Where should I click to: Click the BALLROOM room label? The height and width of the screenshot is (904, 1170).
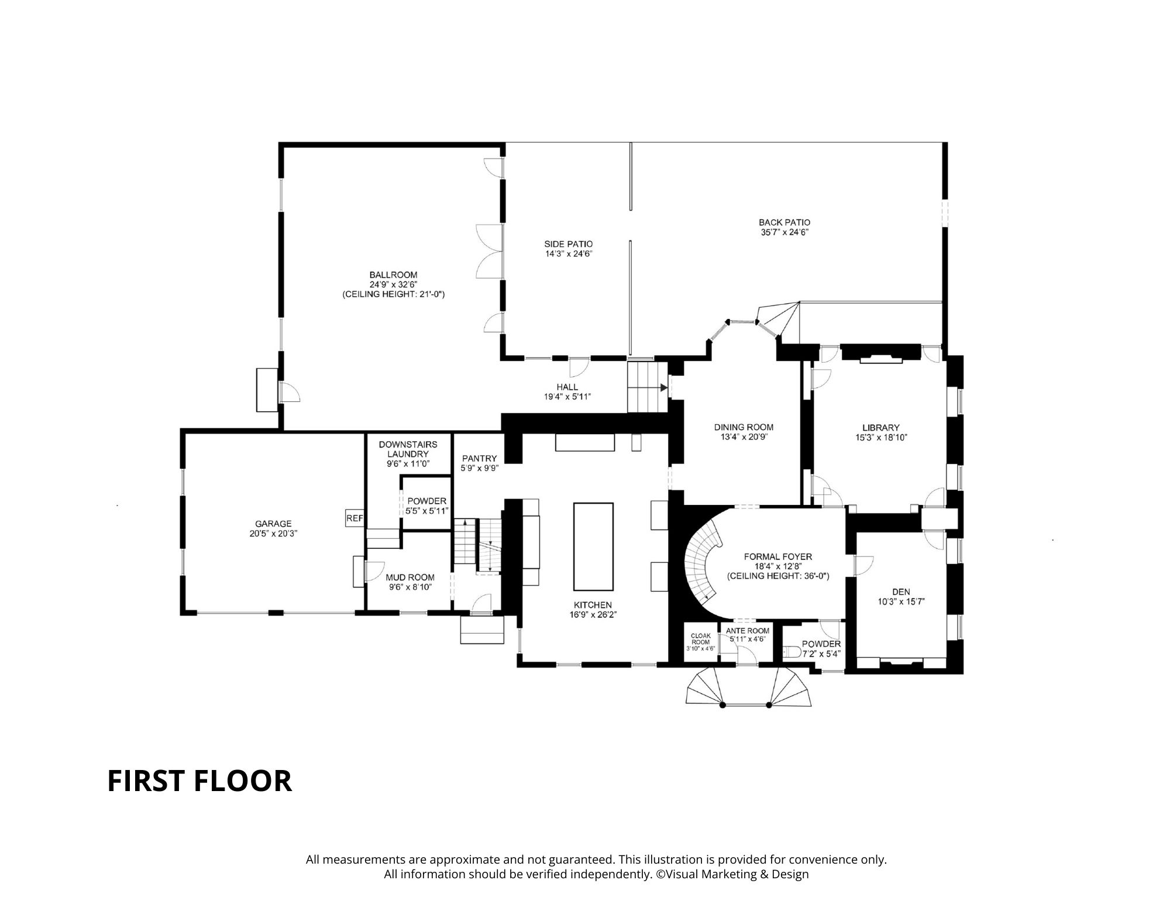tap(393, 274)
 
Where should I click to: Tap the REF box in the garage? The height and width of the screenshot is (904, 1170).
tap(355, 518)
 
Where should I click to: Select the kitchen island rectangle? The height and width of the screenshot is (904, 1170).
tap(593, 546)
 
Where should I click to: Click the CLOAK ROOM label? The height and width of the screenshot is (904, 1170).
tap(700, 638)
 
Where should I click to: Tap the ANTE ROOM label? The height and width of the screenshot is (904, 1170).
tap(747, 630)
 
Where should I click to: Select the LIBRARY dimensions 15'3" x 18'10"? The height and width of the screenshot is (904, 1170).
tap(880, 437)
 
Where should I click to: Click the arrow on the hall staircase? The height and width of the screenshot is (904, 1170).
tap(663, 387)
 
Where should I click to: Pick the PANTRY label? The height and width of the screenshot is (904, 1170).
tap(479, 458)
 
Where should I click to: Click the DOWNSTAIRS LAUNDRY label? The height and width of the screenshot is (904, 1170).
tap(408, 449)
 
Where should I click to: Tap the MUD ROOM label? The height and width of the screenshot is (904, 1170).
tap(409, 577)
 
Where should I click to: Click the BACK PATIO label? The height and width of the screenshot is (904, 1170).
tap(784, 222)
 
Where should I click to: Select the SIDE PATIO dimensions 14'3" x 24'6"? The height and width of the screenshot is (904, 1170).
tap(568, 253)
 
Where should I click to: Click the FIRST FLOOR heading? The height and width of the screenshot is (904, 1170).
tap(199, 781)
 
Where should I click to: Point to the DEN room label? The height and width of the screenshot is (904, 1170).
tap(901, 592)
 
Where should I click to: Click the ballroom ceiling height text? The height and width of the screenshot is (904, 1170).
tap(393, 294)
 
